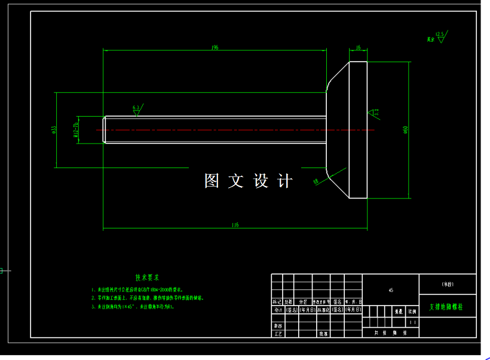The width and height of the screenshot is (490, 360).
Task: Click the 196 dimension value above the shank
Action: coord(215,47)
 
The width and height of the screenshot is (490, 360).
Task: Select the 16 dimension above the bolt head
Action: coord(358,47)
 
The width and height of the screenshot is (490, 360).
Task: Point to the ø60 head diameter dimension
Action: coord(406,130)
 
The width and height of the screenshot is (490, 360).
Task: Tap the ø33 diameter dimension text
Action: coord(54,129)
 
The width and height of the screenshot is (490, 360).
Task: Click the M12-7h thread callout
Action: coord(76,130)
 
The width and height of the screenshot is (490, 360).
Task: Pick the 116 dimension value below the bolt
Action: coord(235,225)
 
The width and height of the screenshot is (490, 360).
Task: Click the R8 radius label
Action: coord(316,181)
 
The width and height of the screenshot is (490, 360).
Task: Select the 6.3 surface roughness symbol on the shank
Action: coord(136,110)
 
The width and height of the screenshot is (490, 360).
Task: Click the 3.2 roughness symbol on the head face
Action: coord(374,112)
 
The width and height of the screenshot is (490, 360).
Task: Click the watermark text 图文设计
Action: coord(248,181)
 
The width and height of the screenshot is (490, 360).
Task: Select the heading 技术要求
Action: coord(147,277)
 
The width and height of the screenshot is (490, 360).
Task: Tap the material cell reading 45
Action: coord(391,290)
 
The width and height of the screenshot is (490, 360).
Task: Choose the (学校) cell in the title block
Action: coord(448,283)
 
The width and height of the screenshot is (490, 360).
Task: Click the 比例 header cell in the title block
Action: coord(412,312)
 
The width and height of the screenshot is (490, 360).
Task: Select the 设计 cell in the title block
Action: coord(277,310)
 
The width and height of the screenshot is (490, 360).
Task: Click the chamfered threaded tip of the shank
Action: coord(105,130)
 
